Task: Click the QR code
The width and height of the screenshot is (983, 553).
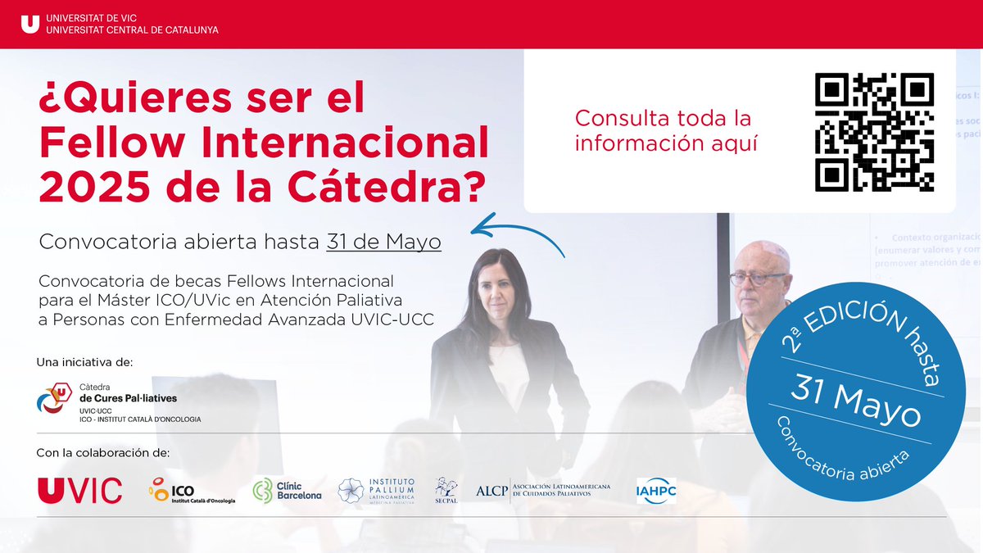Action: [874, 132]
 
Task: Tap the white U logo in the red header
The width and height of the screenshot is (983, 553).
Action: [29, 24]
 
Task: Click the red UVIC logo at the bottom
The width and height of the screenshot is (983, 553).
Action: [79, 490]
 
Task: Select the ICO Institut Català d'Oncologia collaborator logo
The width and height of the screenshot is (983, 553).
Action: [191, 490]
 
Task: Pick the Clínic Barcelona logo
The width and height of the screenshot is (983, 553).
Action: [287, 490]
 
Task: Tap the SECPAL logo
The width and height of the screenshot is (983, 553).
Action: [446, 490]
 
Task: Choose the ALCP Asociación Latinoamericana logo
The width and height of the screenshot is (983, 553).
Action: [543, 490]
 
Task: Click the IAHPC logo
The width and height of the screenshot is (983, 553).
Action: [656, 491]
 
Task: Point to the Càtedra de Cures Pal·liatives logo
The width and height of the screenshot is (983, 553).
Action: [119, 401]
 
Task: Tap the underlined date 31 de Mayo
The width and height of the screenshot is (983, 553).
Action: [383, 243]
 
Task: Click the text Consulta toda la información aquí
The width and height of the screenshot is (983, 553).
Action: [663, 130]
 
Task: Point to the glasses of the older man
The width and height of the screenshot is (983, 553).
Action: [758, 278]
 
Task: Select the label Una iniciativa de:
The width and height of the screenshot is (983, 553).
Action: [84, 361]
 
